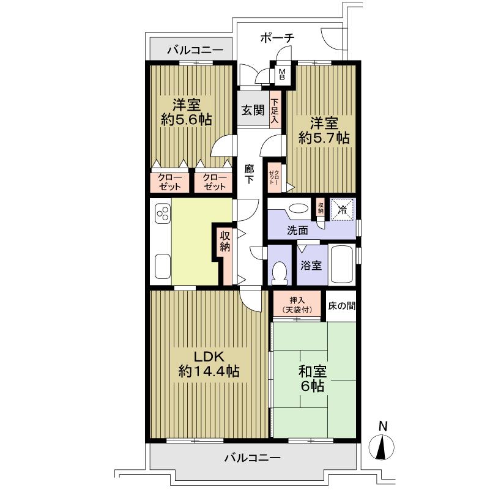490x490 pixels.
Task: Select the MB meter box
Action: [282, 74]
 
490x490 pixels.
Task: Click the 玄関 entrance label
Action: [252, 110]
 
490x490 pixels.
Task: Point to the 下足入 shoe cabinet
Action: [275, 111]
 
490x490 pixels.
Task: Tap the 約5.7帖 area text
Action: [324, 138]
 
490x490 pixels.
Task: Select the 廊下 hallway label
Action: [249, 174]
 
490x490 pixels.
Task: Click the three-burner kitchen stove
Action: [163, 215]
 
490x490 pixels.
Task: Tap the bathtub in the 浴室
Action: [342, 265]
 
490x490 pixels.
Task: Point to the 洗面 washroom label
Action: [298, 231]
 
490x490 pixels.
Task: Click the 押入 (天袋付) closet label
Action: [297, 305]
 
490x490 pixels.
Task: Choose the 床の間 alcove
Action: [341, 305]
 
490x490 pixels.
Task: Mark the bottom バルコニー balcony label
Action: [251, 457]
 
